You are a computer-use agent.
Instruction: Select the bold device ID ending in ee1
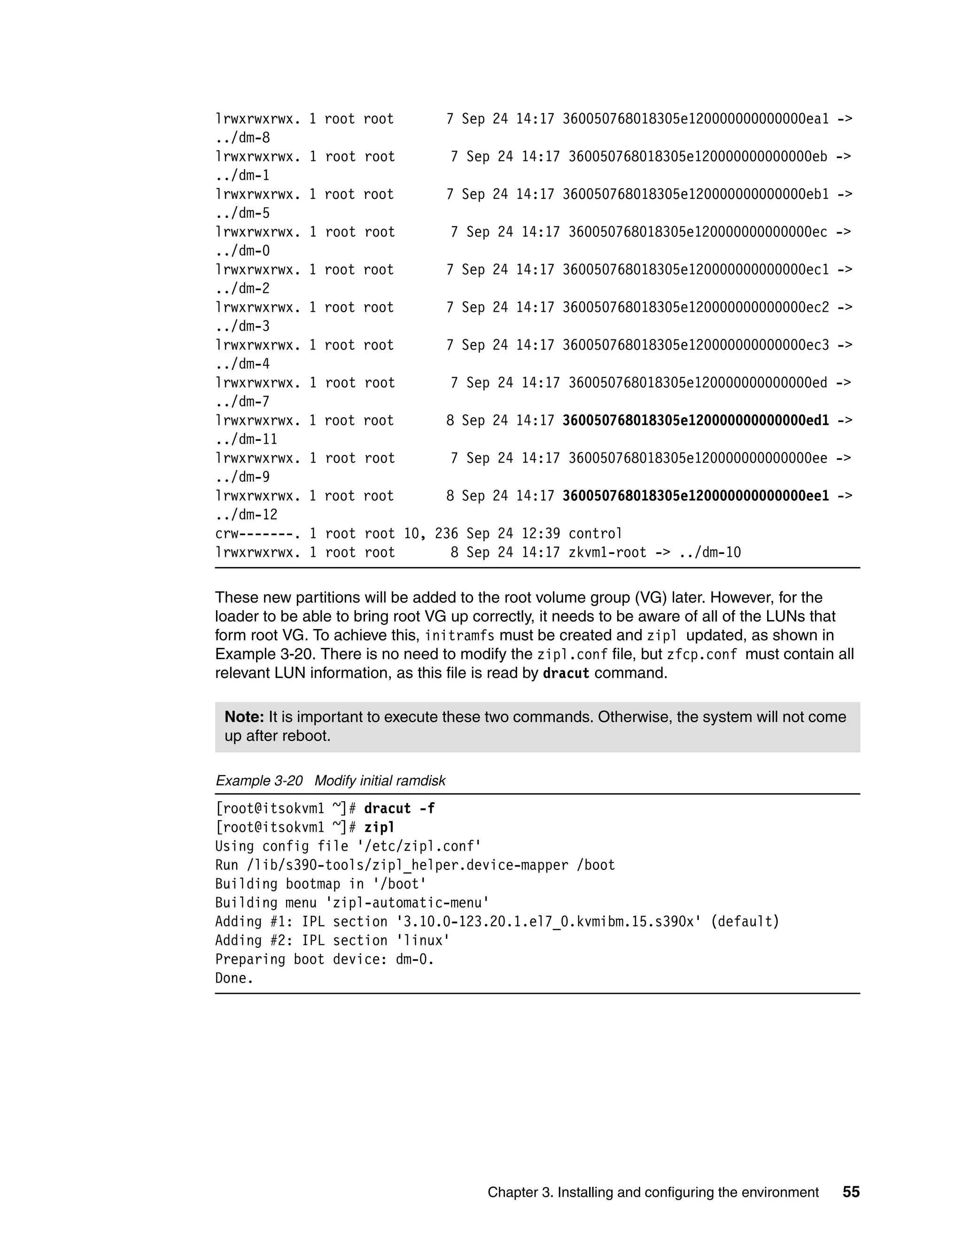(x=695, y=496)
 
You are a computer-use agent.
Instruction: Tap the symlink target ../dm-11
(x=246, y=440)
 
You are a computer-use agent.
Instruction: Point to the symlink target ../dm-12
(x=246, y=515)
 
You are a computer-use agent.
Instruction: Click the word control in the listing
(x=595, y=534)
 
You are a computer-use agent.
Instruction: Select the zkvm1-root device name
(x=607, y=553)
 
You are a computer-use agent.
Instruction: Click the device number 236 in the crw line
(x=446, y=534)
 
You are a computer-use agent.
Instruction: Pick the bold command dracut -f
(x=399, y=809)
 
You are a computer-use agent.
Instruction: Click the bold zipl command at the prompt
(x=379, y=828)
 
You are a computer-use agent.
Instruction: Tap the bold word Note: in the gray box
(x=244, y=717)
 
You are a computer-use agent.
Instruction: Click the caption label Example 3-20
(x=259, y=781)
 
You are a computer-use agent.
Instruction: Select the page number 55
(x=851, y=1192)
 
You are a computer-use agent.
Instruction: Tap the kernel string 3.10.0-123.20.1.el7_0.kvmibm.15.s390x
(x=549, y=922)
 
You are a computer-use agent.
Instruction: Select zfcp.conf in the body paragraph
(x=702, y=654)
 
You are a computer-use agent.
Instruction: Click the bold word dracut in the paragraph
(x=566, y=674)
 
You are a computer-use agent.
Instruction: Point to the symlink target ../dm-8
(x=243, y=138)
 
